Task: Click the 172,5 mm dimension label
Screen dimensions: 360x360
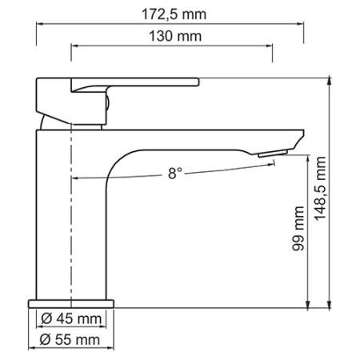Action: [x=172, y=13]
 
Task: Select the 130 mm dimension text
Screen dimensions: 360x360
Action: [x=174, y=36]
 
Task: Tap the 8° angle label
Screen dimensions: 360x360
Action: [x=175, y=172]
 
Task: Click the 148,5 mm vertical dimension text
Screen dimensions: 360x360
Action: [x=322, y=192]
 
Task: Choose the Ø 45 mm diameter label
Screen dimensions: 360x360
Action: [x=73, y=320]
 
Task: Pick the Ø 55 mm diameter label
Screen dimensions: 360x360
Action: [x=73, y=340]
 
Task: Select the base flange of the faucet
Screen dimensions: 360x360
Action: [x=72, y=303]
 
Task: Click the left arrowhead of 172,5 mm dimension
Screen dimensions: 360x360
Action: [x=38, y=23]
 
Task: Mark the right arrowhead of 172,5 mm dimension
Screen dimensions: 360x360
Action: [x=306, y=23]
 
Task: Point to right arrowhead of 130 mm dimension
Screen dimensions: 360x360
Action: [x=271, y=46]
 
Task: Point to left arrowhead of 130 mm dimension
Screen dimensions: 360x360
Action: [x=74, y=46]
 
